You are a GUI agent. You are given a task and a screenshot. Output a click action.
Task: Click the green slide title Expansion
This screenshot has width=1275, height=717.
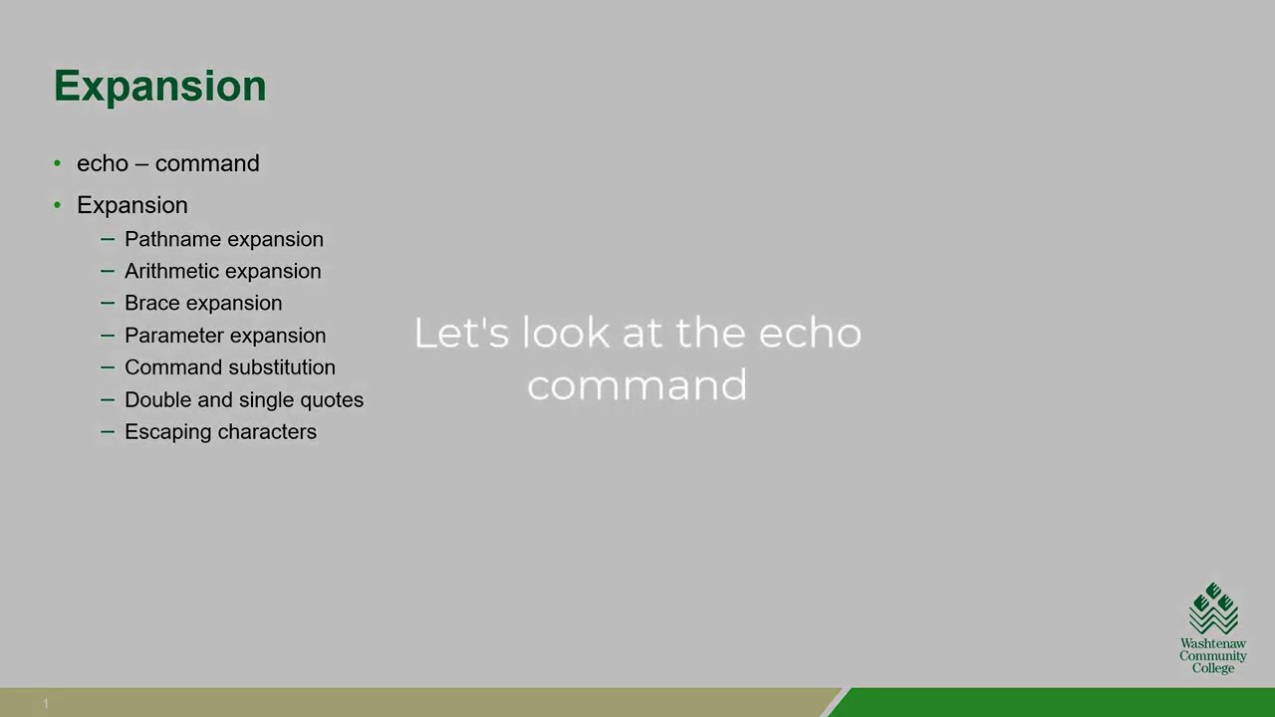tap(159, 87)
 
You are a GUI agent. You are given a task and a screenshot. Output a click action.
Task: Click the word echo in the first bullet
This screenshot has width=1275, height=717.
tap(103, 163)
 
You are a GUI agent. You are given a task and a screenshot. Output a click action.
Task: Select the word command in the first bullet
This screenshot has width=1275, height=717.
tap(207, 163)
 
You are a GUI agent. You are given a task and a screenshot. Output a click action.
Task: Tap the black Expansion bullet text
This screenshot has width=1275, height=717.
tap(131, 205)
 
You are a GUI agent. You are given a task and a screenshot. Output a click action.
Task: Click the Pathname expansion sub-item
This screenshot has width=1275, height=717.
tap(223, 239)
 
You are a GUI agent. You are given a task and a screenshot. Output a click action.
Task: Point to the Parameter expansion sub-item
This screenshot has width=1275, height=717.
tap(224, 336)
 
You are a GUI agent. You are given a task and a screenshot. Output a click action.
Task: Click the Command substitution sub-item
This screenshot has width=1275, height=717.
tap(229, 367)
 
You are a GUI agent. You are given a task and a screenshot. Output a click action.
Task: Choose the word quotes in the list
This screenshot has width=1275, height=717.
tap(332, 400)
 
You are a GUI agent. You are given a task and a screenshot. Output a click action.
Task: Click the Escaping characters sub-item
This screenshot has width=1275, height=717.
tap(220, 431)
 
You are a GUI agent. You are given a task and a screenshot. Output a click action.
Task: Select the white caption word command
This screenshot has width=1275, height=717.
tap(637, 385)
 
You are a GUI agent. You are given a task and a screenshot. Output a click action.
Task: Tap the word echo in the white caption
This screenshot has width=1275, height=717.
tap(810, 333)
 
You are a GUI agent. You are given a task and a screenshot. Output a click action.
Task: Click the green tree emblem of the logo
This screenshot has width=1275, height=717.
tap(1213, 608)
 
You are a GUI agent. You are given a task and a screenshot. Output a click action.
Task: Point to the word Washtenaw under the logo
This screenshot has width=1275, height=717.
tap(1213, 644)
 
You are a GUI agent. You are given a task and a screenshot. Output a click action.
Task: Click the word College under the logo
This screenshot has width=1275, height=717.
tap(1213, 668)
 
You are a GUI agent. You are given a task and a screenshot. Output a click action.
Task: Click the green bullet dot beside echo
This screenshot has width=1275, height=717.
tap(57, 163)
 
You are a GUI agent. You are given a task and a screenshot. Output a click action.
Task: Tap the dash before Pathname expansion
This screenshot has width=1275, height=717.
tap(108, 239)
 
